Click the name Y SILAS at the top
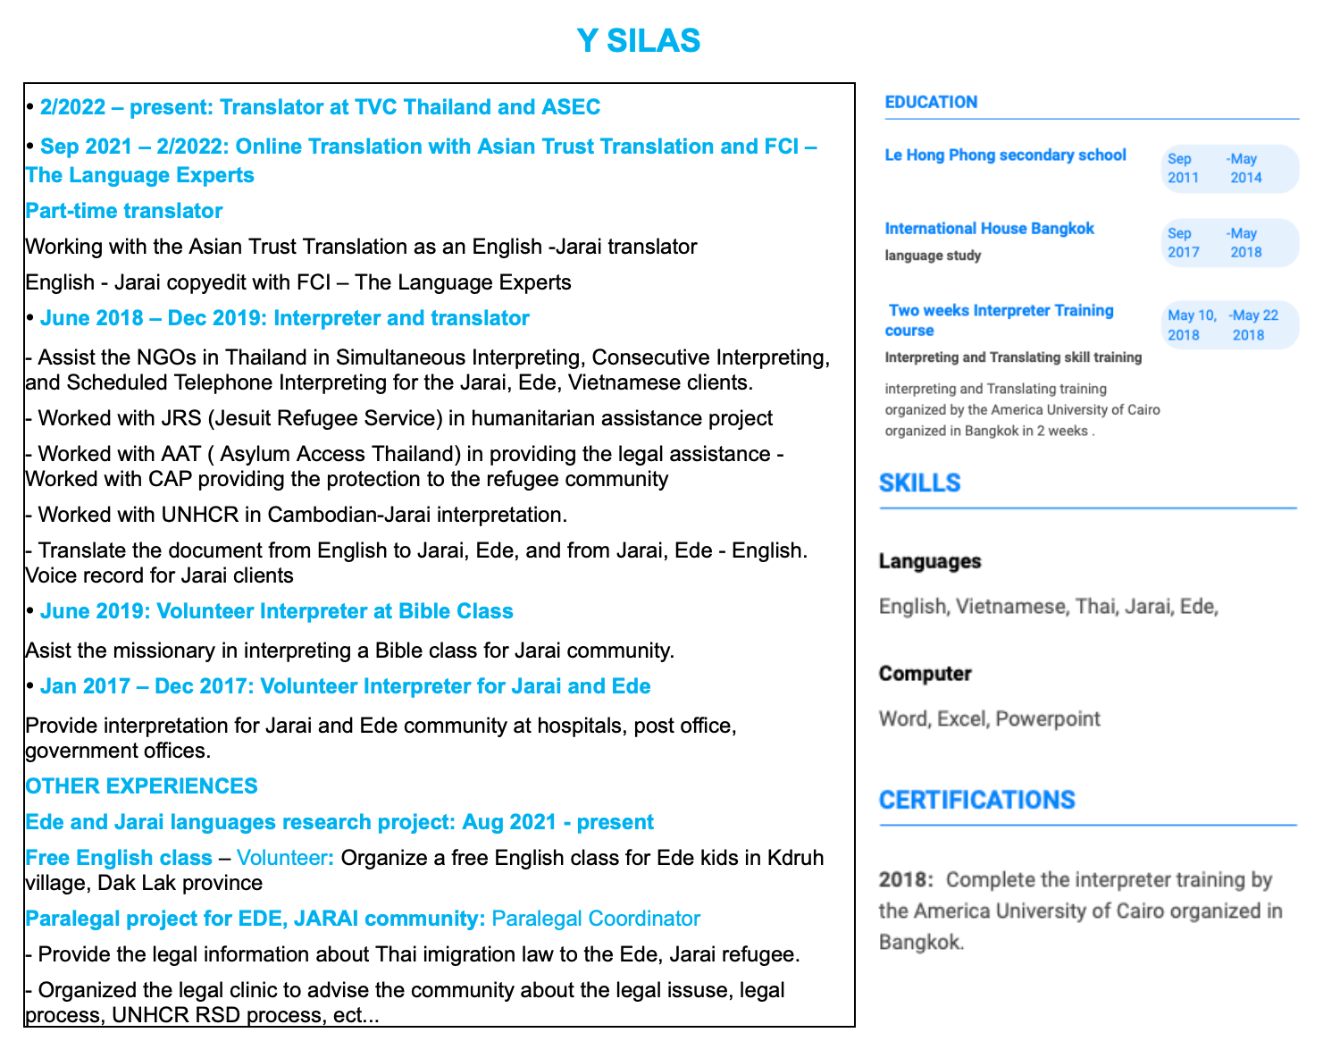pyautogui.click(x=638, y=41)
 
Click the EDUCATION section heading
pyautogui.click(x=931, y=102)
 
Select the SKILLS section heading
pyautogui.click(x=919, y=483)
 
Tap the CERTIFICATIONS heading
pyautogui.click(x=976, y=800)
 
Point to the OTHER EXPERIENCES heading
pyautogui.click(x=141, y=786)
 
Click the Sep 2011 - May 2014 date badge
pyautogui.click(x=1230, y=169)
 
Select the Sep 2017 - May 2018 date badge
pyautogui.click(x=1230, y=243)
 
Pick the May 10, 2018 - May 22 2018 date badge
pyautogui.click(x=1230, y=325)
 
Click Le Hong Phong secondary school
pyautogui.click(x=1005, y=155)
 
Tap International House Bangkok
pyautogui.click(x=989, y=229)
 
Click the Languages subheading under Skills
pyautogui.click(x=929, y=561)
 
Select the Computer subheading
pyautogui.click(x=925, y=674)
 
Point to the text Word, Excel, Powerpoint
pyautogui.click(x=989, y=718)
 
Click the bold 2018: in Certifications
pyautogui.click(x=905, y=879)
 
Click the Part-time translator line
pyautogui.click(x=123, y=211)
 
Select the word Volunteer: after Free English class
pyautogui.click(x=286, y=858)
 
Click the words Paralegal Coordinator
pyautogui.click(x=596, y=919)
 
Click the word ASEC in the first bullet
pyautogui.click(x=571, y=107)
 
